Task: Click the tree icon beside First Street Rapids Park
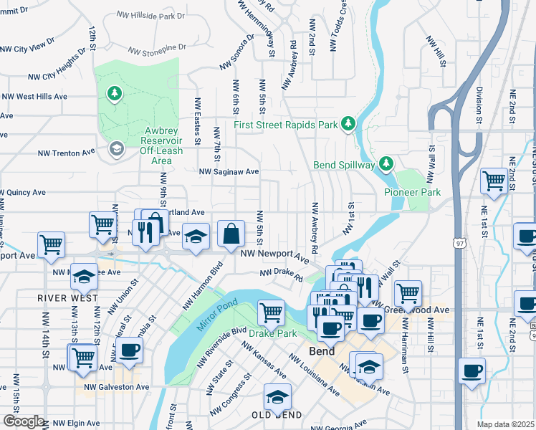tap(348, 124)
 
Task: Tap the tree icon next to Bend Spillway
tap(386, 165)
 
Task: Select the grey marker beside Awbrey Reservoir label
tap(115, 149)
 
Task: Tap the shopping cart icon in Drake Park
tap(271, 312)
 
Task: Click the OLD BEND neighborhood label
tap(277, 416)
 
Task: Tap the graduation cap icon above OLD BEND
tap(277, 396)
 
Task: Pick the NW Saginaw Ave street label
tap(229, 172)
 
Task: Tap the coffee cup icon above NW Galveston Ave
tap(130, 350)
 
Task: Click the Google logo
tap(24, 421)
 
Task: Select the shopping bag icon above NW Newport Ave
tap(231, 234)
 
